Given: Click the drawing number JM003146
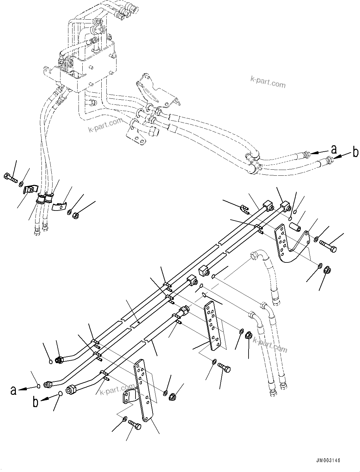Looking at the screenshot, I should pyautogui.click(x=327, y=461).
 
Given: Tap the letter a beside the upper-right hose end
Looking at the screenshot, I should pyautogui.click(x=334, y=148).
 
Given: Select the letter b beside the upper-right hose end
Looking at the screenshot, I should pyautogui.click(x=355, y=152).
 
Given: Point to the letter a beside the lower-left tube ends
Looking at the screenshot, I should pyautogui.click(x=13, y=390).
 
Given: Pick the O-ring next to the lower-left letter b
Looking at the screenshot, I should pyautogui.click(x=60, y=393).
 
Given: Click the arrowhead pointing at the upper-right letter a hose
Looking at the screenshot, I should pyautogui.click(x=312, y=153).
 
